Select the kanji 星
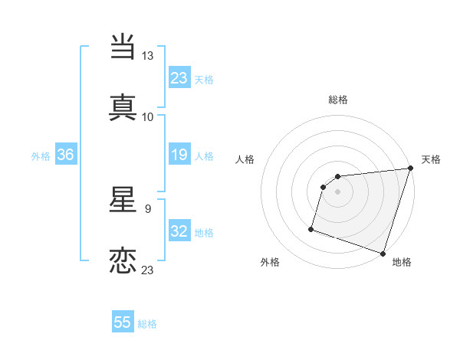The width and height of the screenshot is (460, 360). tap(123, 201)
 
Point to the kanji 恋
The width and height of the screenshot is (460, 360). tap(123, 260)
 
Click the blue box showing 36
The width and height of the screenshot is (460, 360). tap(66, 155)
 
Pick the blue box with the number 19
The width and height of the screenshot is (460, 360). tap(179, 155)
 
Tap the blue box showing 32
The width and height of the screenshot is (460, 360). tap(179, 232)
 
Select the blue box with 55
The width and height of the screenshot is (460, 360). tap(123, 323)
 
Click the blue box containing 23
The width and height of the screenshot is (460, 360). tap(179, 77)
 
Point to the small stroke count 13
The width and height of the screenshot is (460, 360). tap(148, 56)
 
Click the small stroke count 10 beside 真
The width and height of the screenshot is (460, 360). tap(148, 116)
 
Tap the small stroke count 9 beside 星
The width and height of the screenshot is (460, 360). tap(147, 208)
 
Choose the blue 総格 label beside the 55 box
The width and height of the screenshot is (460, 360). tap(147, 324)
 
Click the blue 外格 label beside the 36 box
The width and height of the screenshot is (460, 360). tap(41, 156)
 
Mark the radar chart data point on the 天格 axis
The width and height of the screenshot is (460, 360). tap(410, 169)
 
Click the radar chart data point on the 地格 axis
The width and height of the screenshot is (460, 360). tap(383, 253)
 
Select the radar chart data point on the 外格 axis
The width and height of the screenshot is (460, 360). tap(311, 228)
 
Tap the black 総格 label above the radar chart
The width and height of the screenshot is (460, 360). tap(338, 100)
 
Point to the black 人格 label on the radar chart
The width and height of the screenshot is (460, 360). tap(245, 159)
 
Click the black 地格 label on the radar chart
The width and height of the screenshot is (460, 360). tap(402, 263)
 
